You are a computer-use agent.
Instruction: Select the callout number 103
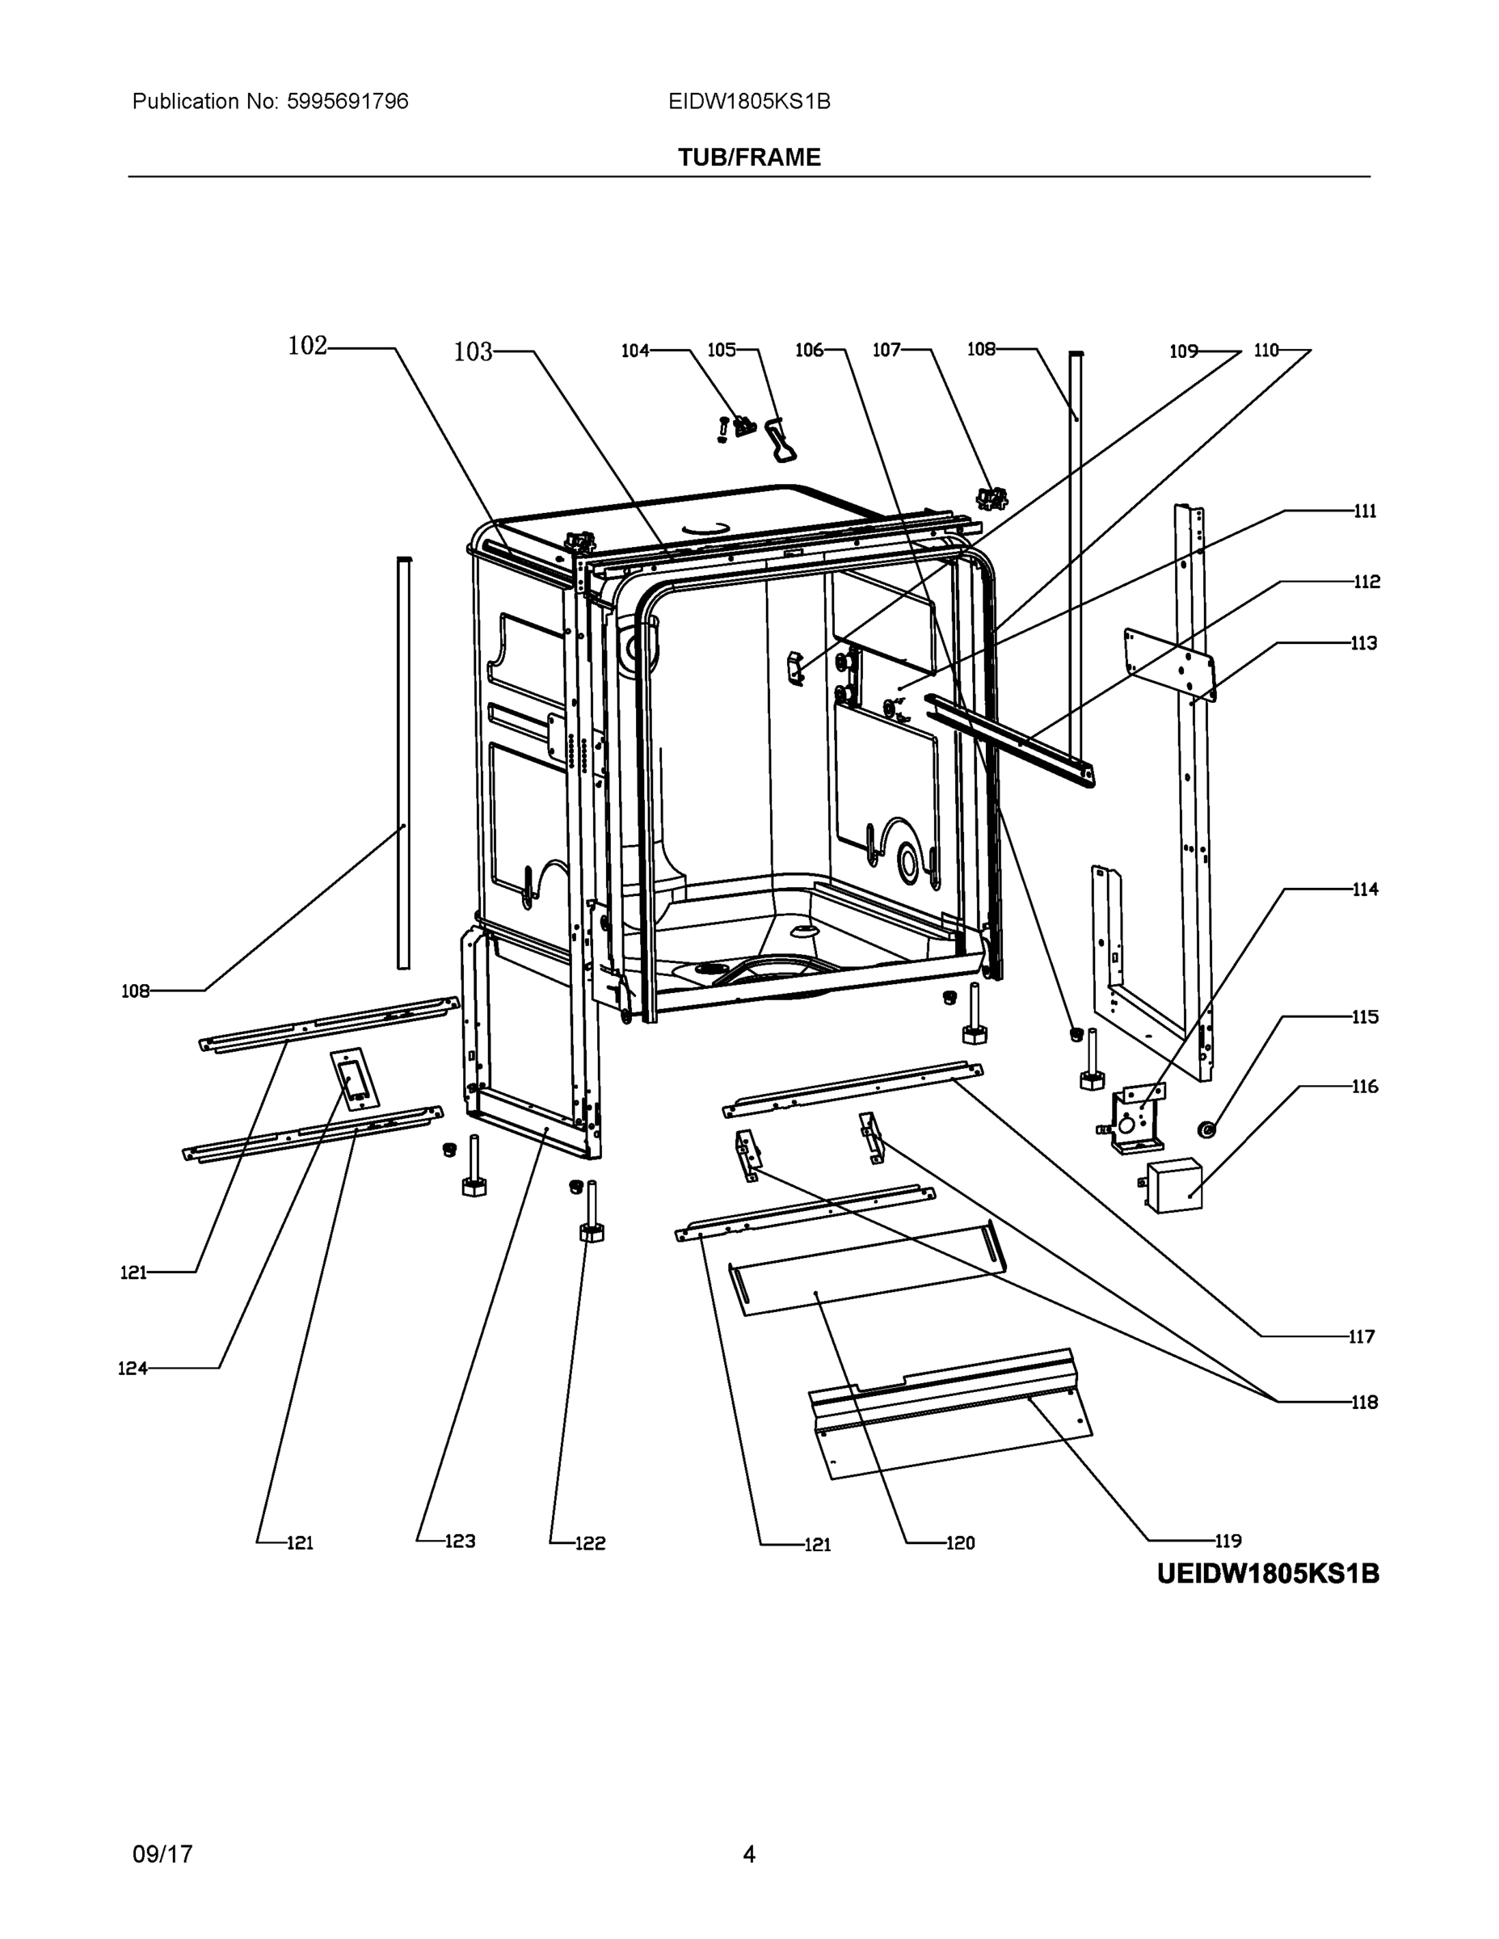tap(473, 352)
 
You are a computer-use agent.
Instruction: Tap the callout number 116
tap(1365, 1087)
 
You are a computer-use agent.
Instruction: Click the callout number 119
tap(1228, 1542)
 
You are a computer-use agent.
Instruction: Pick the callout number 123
tap(460, 1542)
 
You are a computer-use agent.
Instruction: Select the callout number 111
tap(1365, 511)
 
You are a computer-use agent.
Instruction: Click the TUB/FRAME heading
tap(748, 158)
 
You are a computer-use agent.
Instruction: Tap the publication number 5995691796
tap(347, 101)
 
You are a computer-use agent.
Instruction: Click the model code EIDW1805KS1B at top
tap(748, 101)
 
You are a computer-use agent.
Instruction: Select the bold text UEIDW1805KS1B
tap(1267, 1574)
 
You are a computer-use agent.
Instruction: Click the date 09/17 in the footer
tap(162, 1855)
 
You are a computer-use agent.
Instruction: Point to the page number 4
tap(748, 1855)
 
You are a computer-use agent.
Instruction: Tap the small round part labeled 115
tap(1206, 1129)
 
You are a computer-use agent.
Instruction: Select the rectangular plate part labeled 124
tap(354, 1079)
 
